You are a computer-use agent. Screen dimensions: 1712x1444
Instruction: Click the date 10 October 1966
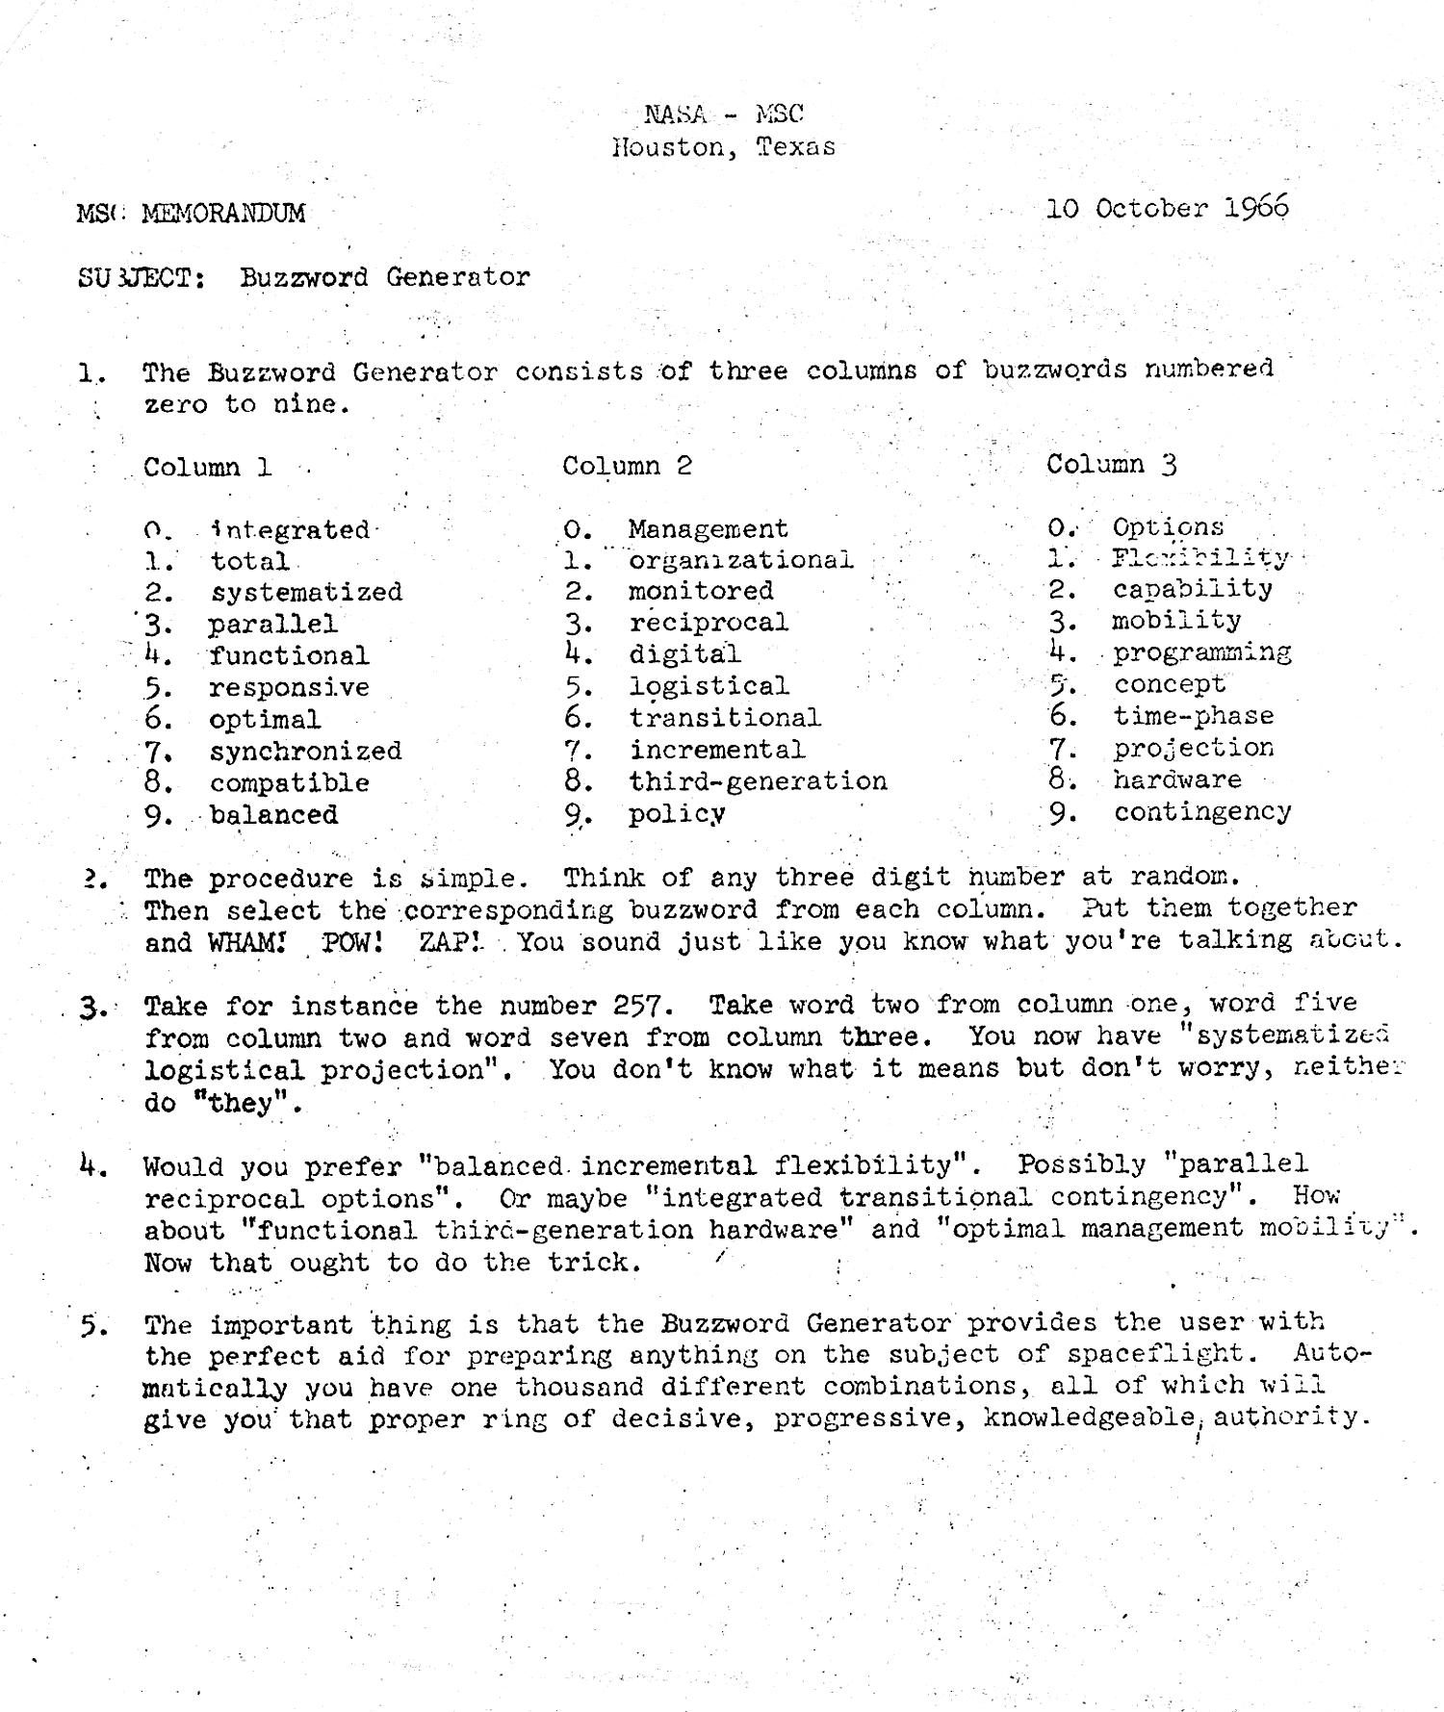pos(1166,208)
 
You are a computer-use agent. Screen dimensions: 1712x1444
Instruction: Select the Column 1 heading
pos(207,468)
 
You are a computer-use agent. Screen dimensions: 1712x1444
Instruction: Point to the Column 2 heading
pos(627,466)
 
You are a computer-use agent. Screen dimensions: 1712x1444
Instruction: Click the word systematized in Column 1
pos(306,592)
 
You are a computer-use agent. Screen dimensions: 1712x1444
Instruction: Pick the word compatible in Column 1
pos(289,782)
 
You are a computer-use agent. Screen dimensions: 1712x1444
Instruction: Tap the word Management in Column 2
pos(708,528)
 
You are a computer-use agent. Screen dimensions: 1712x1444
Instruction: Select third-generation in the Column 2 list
pos(758,780)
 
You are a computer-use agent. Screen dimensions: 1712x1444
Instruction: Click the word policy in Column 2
pos(677,814)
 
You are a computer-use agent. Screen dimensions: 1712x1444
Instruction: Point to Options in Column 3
pos(1168,527)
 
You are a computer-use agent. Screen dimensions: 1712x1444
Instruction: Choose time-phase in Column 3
pos(1194,716)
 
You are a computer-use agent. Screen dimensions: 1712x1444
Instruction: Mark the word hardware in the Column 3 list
pos(1177,779)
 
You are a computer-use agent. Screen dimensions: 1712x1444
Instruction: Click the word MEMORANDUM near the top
pos(222,213)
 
